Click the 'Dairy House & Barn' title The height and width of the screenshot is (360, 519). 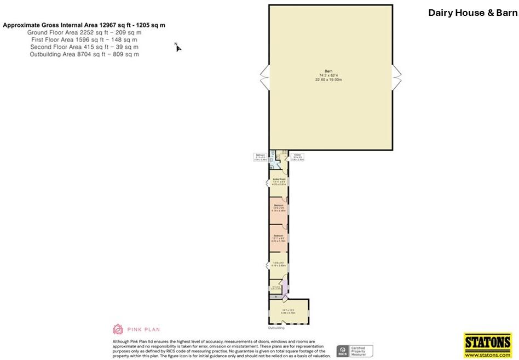tap(472, 13)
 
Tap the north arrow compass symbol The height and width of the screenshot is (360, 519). tap(178, 47)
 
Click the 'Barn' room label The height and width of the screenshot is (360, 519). tap(328, 75)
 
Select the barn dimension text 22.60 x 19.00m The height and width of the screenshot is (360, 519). tap(328, 79)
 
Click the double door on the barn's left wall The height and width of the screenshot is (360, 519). tap(265, 77)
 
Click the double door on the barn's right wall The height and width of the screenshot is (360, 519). tap(397, 77)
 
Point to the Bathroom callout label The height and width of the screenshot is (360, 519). tap(260, 157)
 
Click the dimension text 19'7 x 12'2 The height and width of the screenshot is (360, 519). tap(288, 311)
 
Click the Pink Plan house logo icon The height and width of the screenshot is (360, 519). tap(117, 329)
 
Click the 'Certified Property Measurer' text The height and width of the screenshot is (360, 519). tap(362, 351)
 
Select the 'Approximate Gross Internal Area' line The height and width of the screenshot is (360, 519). tap(84, 25)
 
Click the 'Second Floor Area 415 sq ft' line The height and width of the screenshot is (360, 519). tap(84, 47)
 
